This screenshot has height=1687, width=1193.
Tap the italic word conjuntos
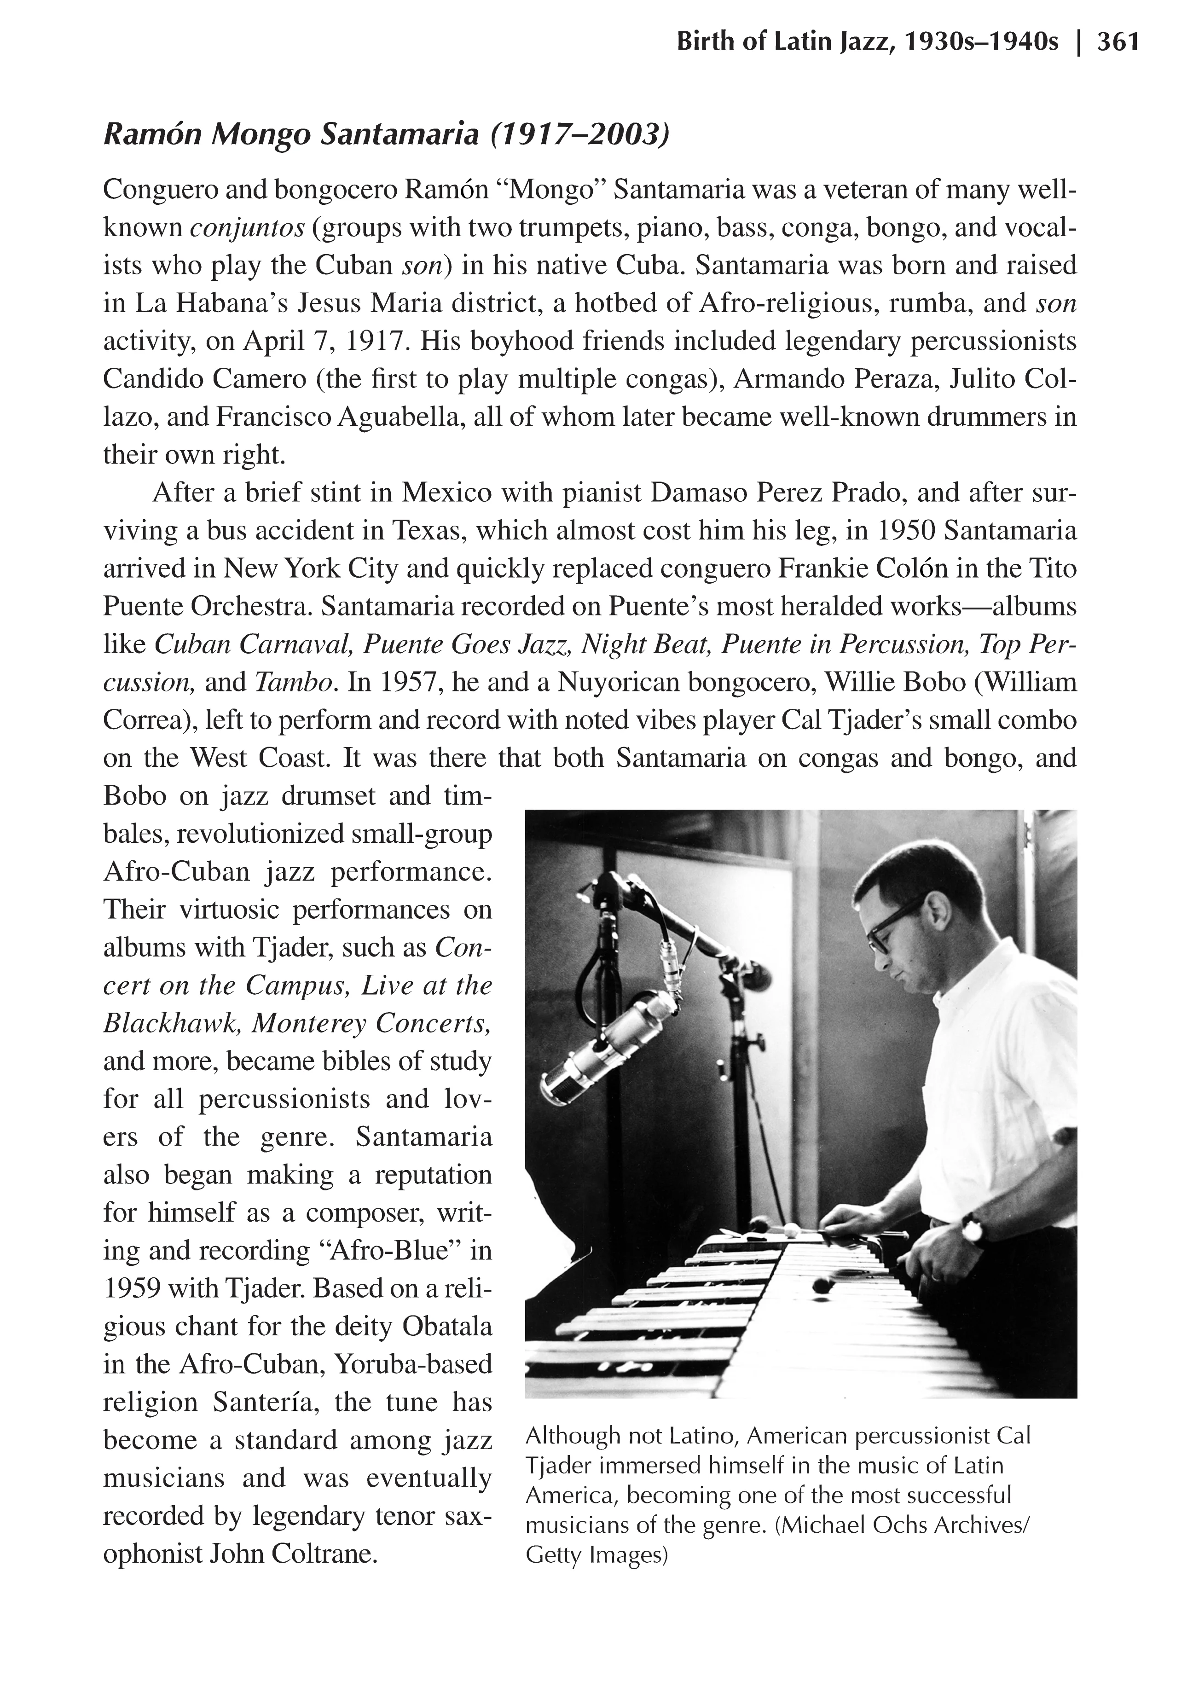[247, 228]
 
